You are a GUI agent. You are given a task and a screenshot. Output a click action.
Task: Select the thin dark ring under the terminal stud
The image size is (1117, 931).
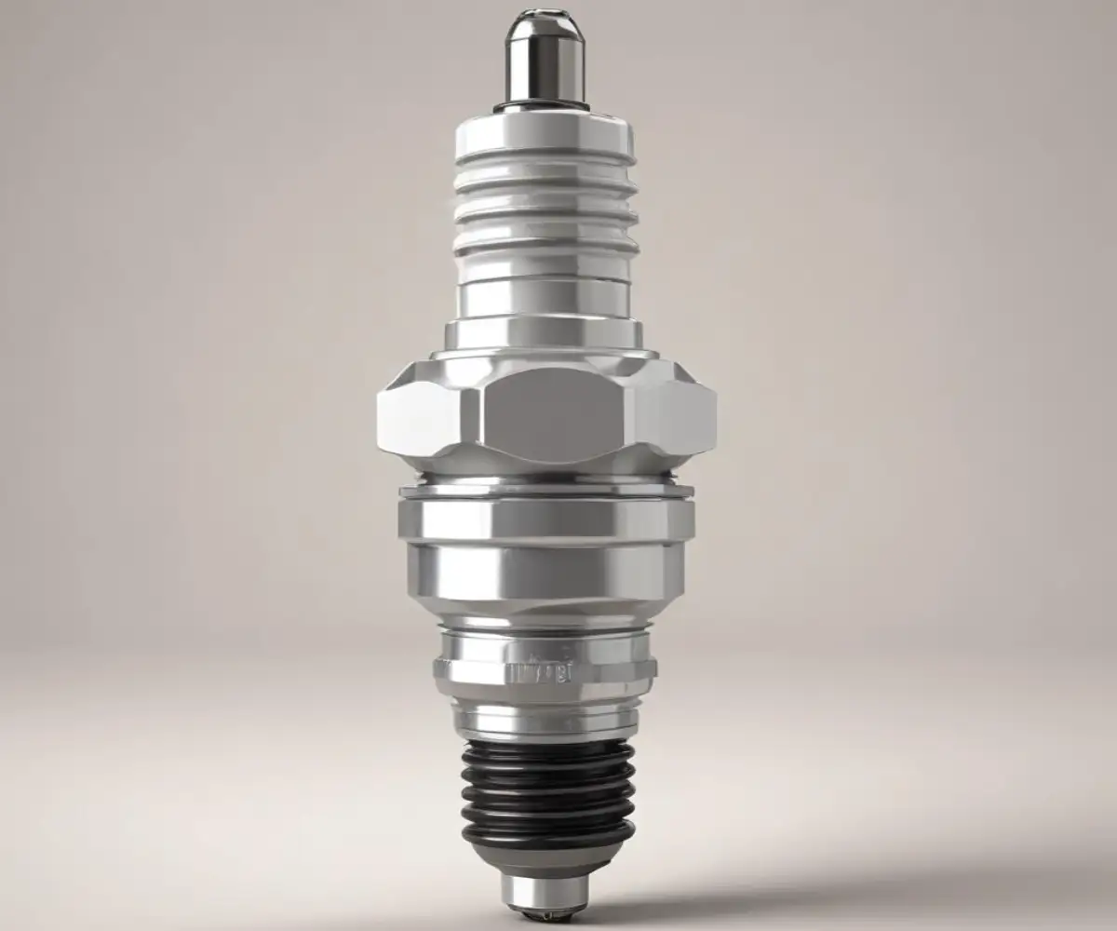tap(545, 107)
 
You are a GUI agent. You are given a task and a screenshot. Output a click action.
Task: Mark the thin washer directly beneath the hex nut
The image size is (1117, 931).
tap(546, 490)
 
